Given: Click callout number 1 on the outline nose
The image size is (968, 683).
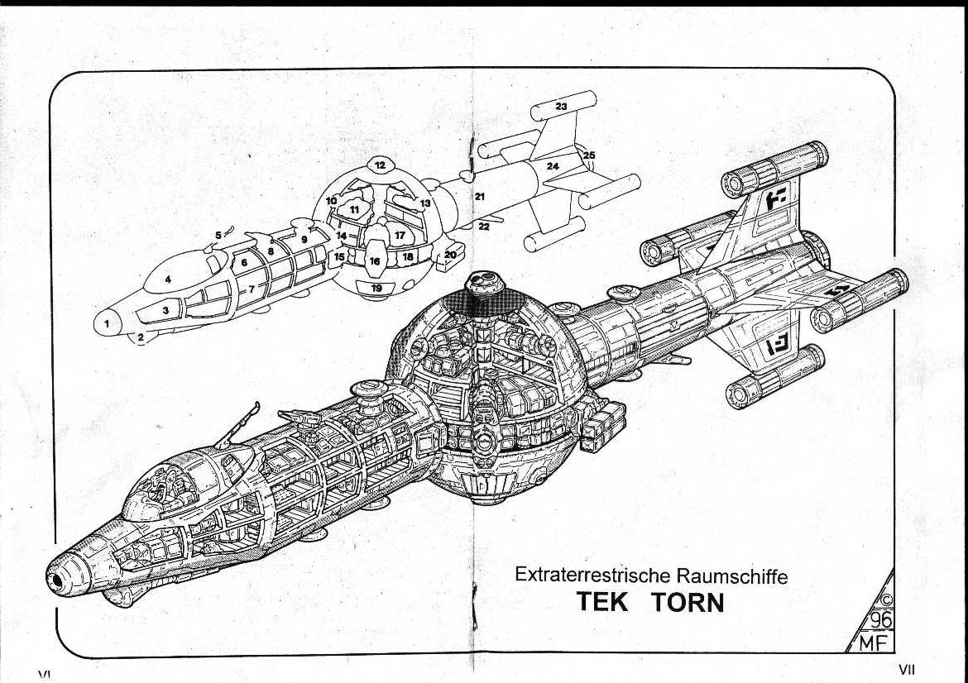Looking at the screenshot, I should (x=107, y=323).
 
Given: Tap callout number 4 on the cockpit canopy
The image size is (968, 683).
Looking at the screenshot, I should (x=168, y=279).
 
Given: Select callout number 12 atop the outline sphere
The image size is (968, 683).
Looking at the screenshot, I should (x=380, y=165).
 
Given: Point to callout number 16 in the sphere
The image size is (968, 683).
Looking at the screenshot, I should (x=375, y=260).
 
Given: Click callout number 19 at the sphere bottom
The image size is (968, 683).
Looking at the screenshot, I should (x=376, y=288).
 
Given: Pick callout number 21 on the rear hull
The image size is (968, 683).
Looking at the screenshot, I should (x=479, y=196).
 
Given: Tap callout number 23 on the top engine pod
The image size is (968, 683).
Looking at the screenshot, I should (x=561, y=107).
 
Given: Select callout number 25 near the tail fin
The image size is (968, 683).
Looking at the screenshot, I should (x=589, y=155).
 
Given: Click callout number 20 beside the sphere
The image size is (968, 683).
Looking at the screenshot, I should (x=450, y=255).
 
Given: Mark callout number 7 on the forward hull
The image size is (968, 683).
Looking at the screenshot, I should (x=252, y=289).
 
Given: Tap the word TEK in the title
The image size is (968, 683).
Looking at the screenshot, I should (x=603, y=602).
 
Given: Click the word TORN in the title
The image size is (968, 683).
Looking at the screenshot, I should (x=688, y=602).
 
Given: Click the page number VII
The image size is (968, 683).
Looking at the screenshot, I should (x=906, y=669).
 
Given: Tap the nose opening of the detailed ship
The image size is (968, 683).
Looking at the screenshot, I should (x=56, y=582).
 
